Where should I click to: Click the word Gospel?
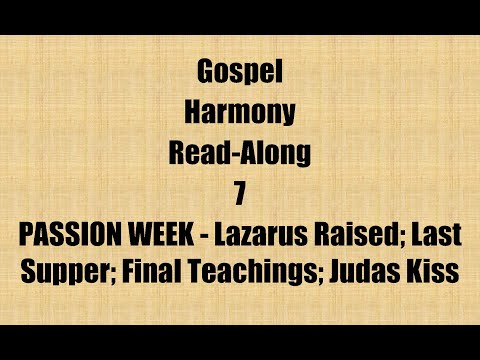(x=240, y=74)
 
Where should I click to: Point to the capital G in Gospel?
(x=205, y=74)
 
